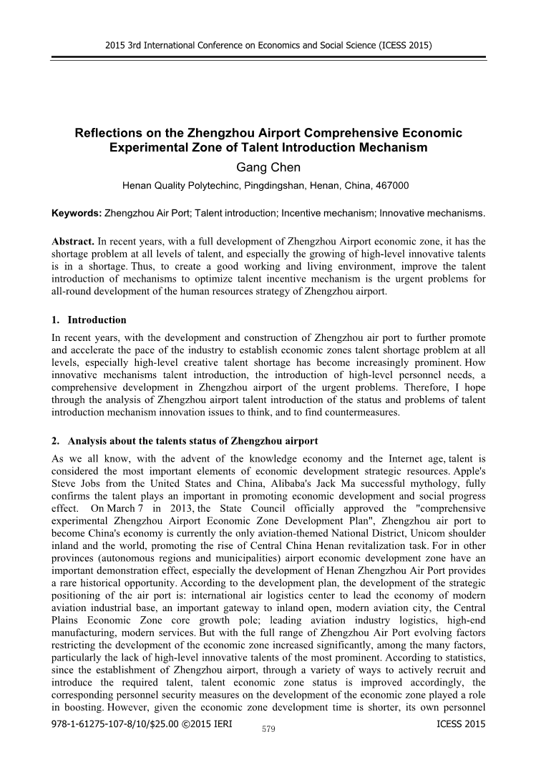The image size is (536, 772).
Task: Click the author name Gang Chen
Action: [268, 167]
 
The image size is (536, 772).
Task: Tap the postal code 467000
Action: [391, 186]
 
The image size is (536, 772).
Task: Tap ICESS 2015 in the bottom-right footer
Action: [459, 724]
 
